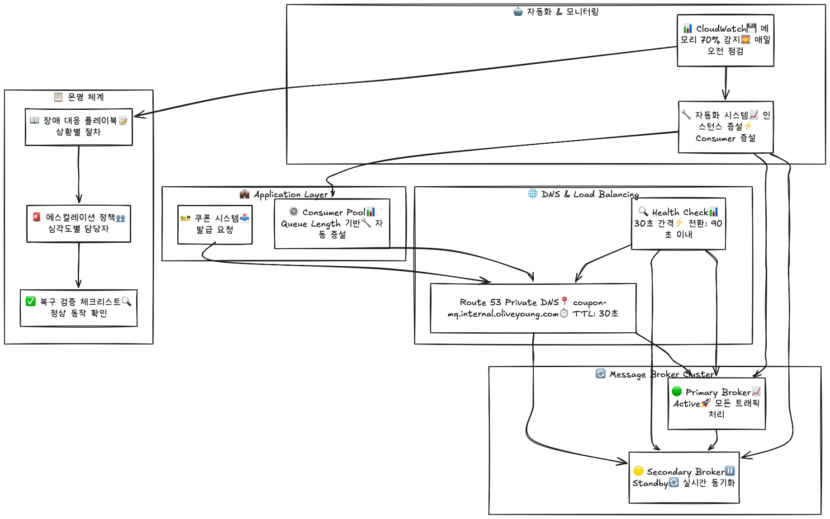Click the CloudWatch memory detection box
coord(725,40)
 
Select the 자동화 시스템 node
coord(726,127)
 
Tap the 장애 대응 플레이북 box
coord(79,127)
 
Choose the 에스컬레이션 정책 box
coord(79,224)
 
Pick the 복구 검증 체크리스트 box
coord(79,308)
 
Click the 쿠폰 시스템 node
coord(215,225)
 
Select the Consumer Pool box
coord(332,224)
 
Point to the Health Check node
coord(678,224)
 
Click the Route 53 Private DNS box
coord(533,308)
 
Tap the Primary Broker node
coord(716,403)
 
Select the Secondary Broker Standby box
coord(684,477)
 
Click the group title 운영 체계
coord(79,97)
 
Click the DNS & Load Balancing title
coord(583,194)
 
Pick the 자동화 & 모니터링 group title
coord(556,12)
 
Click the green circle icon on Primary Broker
coord(677,391)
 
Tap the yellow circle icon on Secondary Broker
coord(639,471)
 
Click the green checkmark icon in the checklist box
coord(31,302)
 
